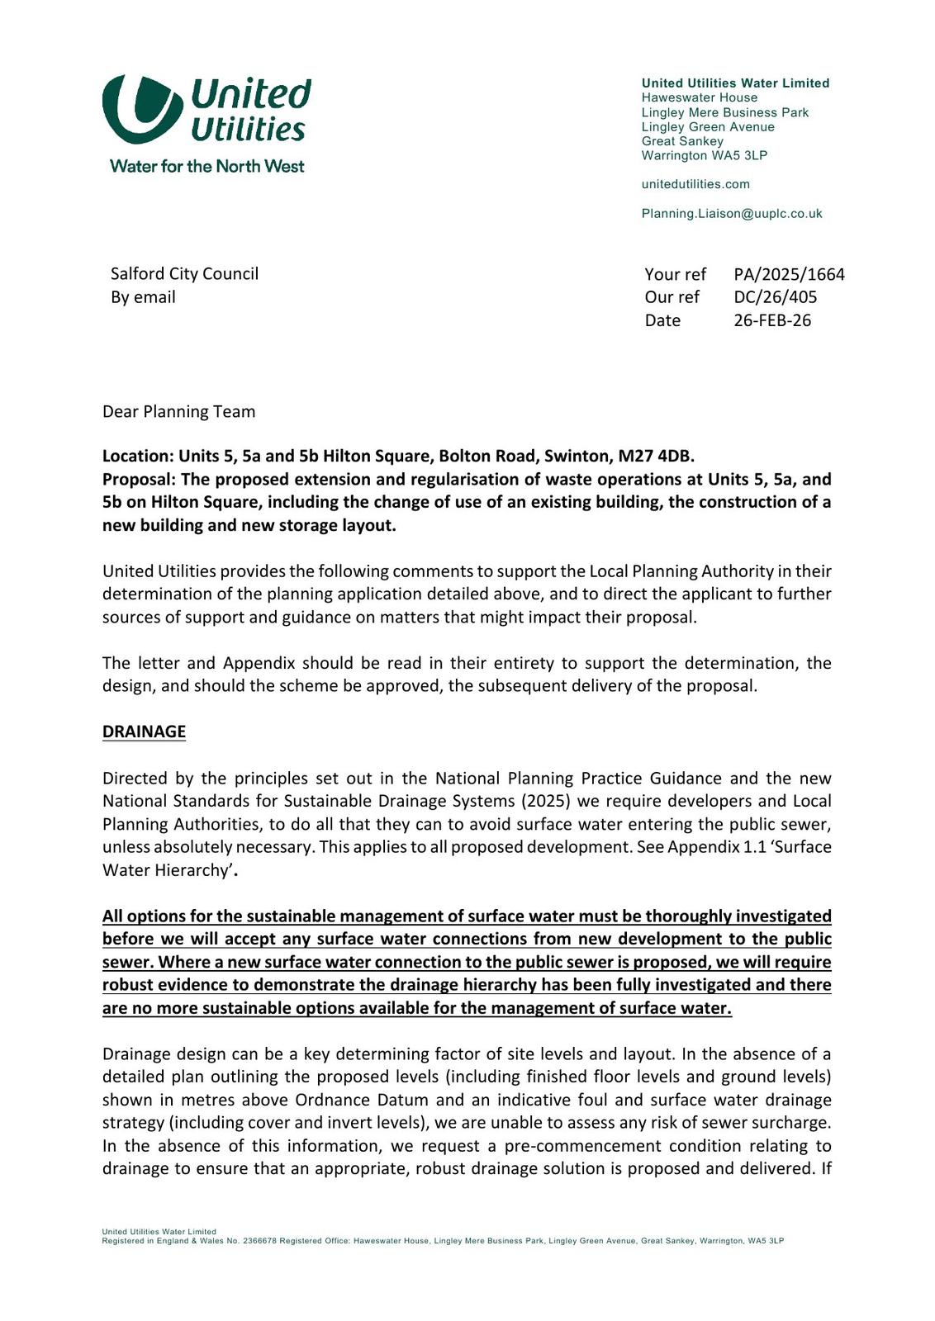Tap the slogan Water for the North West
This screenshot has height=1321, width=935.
206,166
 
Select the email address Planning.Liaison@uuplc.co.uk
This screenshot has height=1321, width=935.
731,214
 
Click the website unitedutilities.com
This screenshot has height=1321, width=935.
695,184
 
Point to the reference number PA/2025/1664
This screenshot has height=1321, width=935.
789,274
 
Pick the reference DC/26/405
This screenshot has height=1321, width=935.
775,297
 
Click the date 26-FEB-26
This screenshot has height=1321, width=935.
772,320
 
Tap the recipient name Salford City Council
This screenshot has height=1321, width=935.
184,274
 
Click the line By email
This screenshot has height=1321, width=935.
143,297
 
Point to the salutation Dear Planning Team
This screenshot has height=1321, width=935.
178,412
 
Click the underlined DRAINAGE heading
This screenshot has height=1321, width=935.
144,732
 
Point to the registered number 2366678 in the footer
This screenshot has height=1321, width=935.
259,1241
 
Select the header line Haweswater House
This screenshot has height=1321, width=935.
699,98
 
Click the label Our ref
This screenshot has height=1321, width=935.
672,297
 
